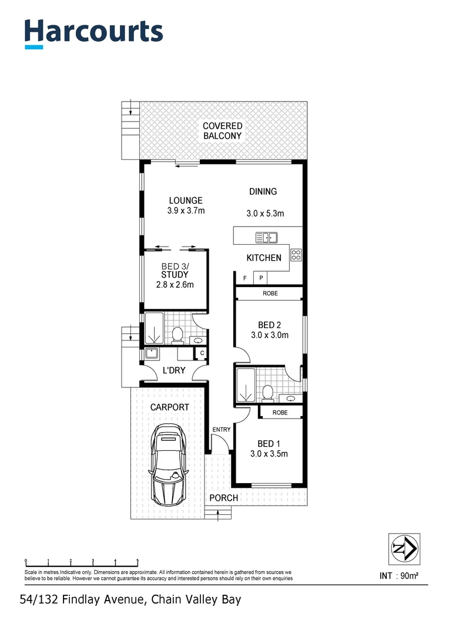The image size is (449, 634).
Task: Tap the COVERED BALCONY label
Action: click(x=222, y=131)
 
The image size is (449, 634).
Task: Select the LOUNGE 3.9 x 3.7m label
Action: click(x=186, y=205)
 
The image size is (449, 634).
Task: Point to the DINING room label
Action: click(x=263, y=191)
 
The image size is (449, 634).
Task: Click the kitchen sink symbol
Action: click(x=266, y=238)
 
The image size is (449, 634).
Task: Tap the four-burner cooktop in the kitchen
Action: click(x=296, y=255)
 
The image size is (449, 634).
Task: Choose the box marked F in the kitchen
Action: click(x=244, y=278)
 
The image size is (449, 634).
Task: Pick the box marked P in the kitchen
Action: click(x=260, y=278)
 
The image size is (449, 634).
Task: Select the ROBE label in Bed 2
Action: click(x=270, y=293)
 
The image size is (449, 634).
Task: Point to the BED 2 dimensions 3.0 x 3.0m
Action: click(x=269, y=335)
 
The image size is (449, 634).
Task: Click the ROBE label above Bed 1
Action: click(x=280, y=413)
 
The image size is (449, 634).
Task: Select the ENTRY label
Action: click(x=222, y=430)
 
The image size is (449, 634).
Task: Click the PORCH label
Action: click(x=224, y=498)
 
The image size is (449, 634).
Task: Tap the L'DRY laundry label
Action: click(x=173, y=370)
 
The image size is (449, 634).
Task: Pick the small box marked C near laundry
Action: click(x=202, y=353)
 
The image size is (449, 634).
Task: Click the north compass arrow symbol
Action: click(x=404, y=549)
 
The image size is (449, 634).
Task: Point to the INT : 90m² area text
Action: click(x=399, y=576)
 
